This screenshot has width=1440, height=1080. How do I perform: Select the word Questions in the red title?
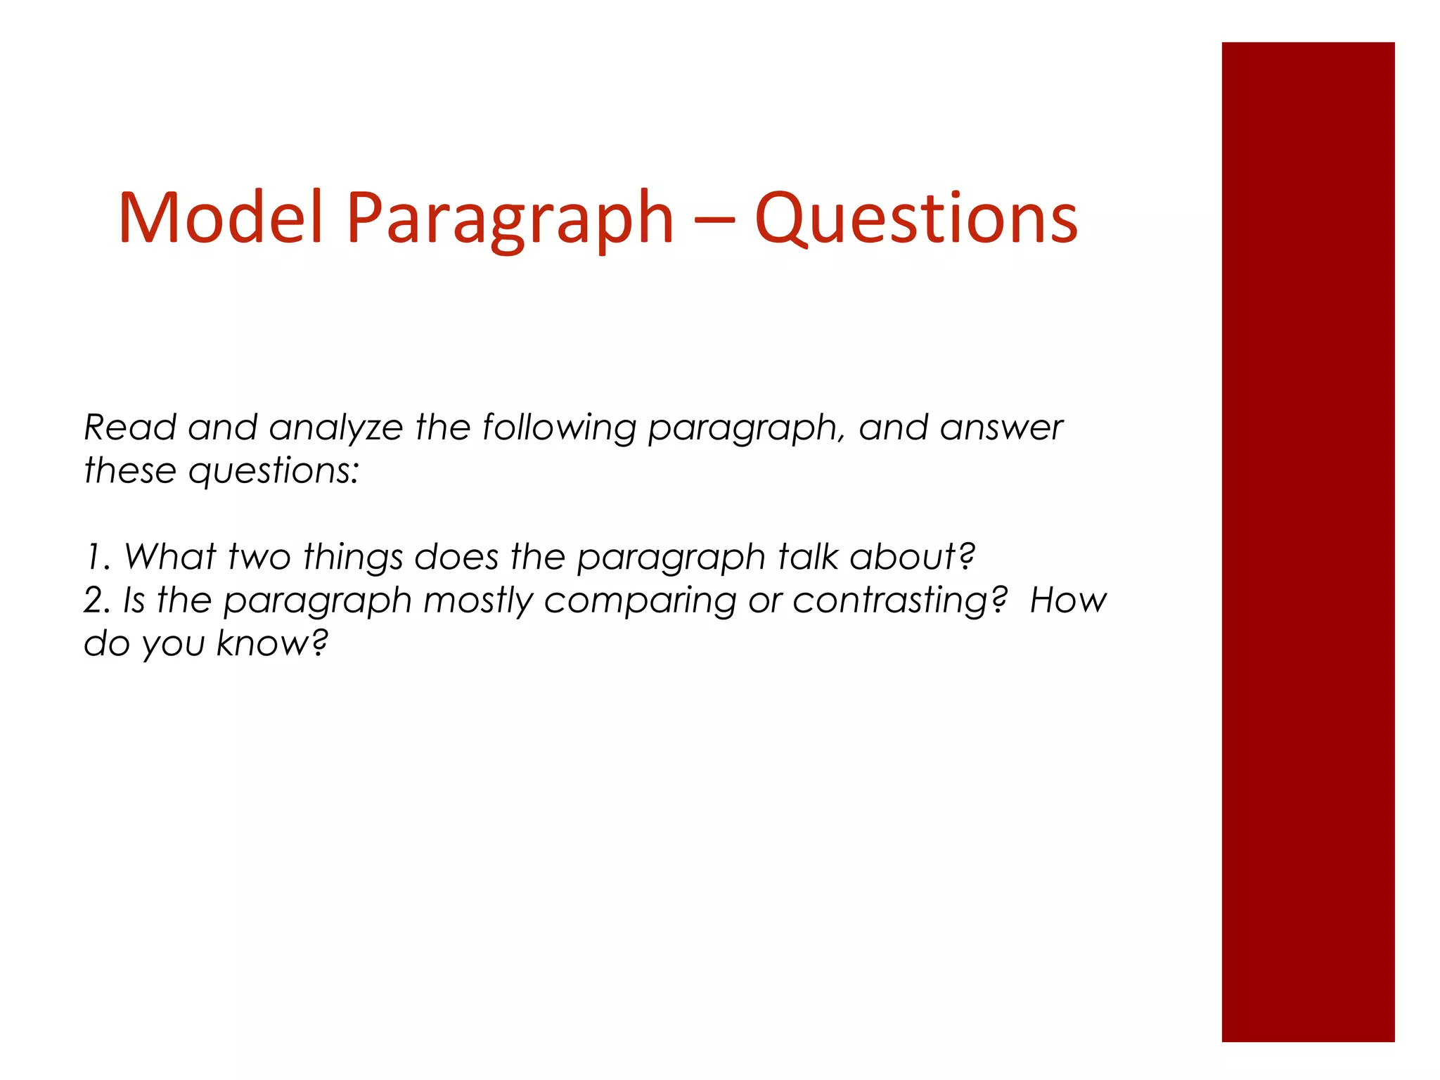click(x=916, y=219)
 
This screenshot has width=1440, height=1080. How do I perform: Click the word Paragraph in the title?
click(x=510, y=219)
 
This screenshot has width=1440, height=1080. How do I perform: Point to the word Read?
click(x=130, y=427)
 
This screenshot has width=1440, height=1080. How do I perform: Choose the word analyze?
click(x=335, y=429)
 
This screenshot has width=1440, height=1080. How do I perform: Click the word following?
click(x=559, y=429)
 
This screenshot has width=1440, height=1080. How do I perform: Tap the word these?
click(x=130, y=470)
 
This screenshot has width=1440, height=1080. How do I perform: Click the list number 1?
click(x=97, y=557)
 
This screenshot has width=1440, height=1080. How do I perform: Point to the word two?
click(x=259, y=557)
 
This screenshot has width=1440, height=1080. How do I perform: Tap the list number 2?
click(x=97, y=600)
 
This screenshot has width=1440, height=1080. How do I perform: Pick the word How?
click(x=1067, y=600)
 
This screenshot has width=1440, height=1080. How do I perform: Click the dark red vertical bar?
click(x=1308, y=541)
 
